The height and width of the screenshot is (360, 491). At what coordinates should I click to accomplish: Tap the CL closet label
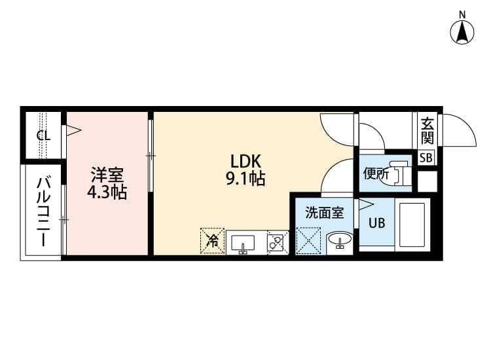[43, 136]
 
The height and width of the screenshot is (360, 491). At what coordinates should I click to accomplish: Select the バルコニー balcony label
[43, 211]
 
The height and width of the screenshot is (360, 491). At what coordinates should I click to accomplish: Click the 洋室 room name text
[107, 175]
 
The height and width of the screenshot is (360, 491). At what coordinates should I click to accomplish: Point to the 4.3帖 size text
[107, 193]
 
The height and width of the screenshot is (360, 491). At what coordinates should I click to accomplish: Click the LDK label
[245, 161]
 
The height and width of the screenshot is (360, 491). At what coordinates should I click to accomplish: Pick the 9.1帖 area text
[245, 179]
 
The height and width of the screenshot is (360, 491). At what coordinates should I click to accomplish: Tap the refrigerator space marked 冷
[212, 240]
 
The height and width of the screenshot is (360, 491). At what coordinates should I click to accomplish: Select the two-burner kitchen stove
[276, 242]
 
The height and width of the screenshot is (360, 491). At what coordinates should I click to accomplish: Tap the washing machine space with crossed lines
[308, 240]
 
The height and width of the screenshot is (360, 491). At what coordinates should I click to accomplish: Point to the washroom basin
[339, 241]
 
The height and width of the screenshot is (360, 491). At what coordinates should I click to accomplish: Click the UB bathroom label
[376, 223]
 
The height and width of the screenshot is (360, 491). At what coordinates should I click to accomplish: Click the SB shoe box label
[426, 157]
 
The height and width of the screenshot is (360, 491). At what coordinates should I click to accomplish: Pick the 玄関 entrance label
[427, 130]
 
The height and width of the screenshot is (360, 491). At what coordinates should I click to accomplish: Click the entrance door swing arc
[461, 131]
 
